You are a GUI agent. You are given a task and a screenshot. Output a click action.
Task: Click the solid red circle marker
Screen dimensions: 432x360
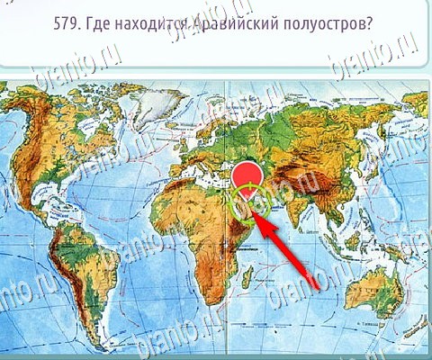click(x=246, y=177)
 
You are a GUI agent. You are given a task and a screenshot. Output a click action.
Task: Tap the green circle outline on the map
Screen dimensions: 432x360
click(x=249, y=204)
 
